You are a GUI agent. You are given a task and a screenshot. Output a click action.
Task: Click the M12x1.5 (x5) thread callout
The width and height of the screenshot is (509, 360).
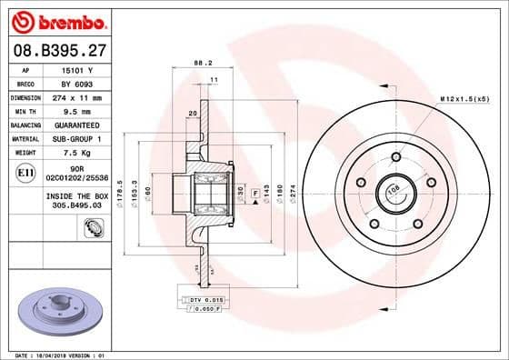(x=464, y=97)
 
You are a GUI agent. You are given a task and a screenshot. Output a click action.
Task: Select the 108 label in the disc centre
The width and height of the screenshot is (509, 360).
(x=394, y=191)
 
